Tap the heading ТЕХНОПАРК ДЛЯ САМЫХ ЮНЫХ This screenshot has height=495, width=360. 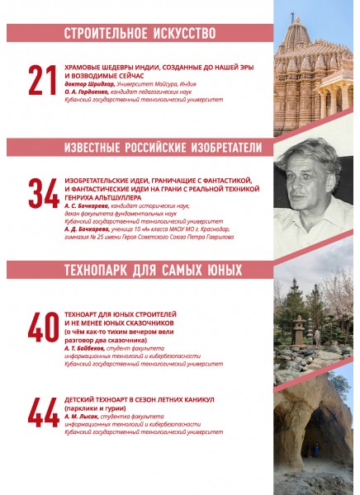(153, 270)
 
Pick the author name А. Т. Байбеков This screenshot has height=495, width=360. (86, 347)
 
